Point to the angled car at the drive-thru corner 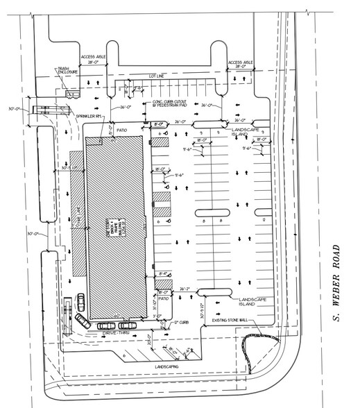pyautogui.click(x=83, y=320)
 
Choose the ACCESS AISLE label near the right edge pyautogui.click(x=242, y=65)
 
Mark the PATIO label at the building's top pyautogui.click(x=123, y=129)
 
